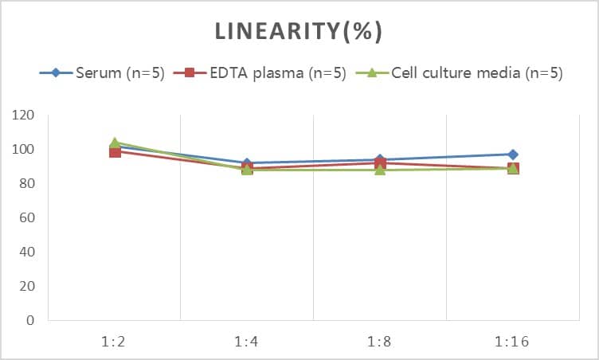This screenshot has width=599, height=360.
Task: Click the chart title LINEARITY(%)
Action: [299, 31]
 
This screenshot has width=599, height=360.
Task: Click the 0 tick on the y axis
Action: [30, 321]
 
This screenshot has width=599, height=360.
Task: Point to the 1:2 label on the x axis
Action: [115, 342]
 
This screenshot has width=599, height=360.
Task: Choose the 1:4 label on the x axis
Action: [247, 342]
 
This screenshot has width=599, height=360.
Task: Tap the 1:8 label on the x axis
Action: [379, 342]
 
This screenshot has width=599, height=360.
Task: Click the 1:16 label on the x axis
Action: [512, 342]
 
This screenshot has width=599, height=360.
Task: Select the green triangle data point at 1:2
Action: [115, 143]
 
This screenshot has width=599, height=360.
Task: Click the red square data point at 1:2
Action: [115, 152]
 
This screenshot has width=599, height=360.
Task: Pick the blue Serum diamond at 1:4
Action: [247, 163]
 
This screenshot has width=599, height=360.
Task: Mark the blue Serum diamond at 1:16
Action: [512, 155]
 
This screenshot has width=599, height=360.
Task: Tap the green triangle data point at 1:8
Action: [380, 170]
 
